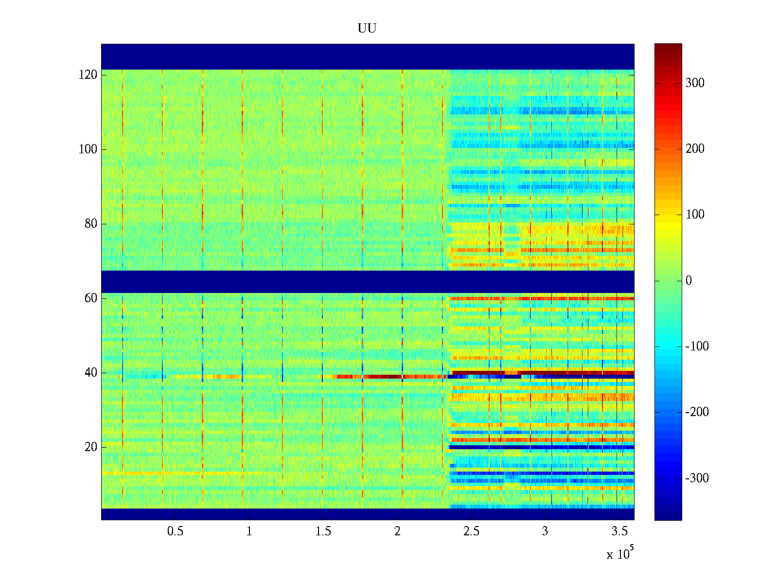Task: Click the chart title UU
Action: (367, 29)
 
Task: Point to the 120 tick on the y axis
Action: (88, 75)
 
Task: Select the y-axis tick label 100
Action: (88, 149)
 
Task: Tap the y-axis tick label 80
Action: (91, 224)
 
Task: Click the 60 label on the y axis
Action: (91, 298)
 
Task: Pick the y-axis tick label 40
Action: (91, 373)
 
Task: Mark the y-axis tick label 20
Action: (91, 447)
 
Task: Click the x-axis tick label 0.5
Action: (175, 531)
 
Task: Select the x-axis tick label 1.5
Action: (323, 531)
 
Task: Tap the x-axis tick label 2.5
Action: (471, 531)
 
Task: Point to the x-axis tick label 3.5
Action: (619, 531)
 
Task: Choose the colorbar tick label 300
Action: (695, 83)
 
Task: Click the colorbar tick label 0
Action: (689, 281)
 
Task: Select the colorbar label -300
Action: (697, 478)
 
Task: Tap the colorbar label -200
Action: (697, 412)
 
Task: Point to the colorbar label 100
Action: (695, 215)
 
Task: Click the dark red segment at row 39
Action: (384, 377)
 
